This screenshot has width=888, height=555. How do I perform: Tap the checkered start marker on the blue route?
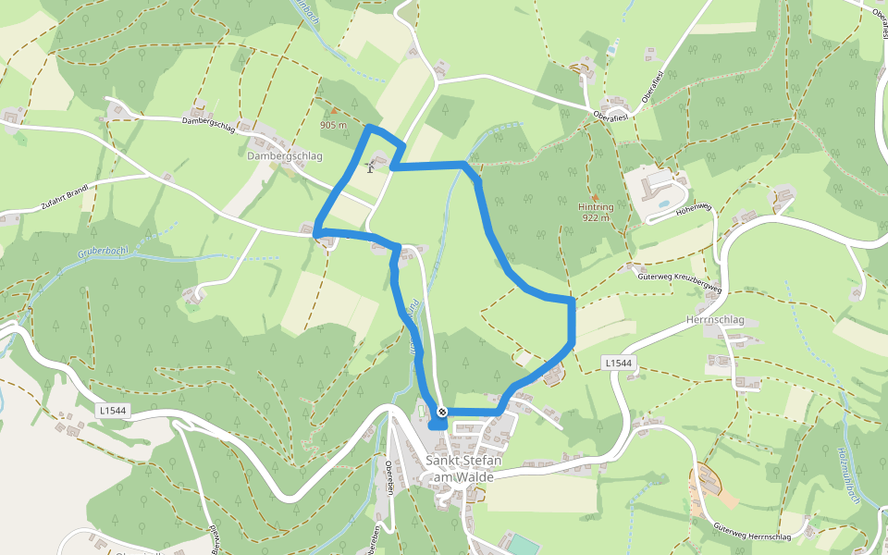442,411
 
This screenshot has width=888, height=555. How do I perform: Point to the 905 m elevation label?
333,125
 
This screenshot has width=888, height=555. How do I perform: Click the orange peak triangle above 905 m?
334,113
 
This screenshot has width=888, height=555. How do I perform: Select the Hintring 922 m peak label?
596,213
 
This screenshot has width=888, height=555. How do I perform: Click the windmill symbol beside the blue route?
371,166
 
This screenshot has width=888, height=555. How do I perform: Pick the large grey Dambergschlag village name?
285,156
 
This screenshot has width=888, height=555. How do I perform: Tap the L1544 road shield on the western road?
113,409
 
